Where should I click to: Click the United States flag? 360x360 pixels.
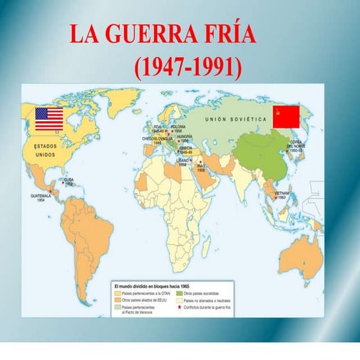[x=49, y=118]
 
